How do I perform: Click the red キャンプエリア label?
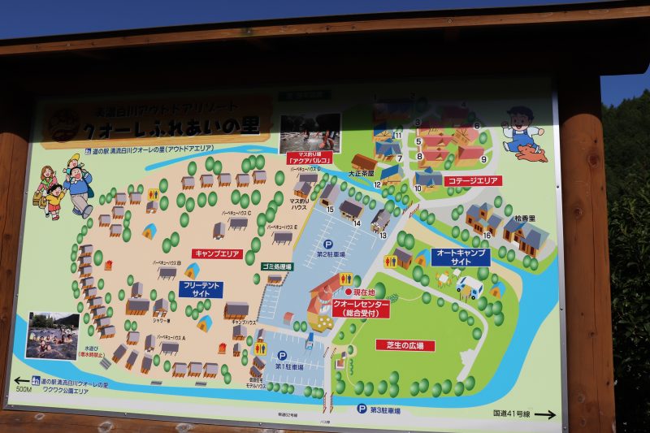(217, 253)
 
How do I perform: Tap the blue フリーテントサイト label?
(201, 290)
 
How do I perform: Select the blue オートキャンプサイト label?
(461, 258)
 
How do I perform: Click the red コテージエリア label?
(473, 180)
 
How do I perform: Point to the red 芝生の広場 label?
(405, 345)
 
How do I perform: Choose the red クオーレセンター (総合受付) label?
(361, 309)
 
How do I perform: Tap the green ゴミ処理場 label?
(278, 266)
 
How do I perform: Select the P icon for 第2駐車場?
(329, 244)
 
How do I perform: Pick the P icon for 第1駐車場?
(282, 355)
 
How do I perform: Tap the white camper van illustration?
(469, 285)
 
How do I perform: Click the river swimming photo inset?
(52, 336)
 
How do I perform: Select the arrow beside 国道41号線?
(545, 414)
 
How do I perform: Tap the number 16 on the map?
(487, 235)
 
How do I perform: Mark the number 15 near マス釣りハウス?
(330, 210)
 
